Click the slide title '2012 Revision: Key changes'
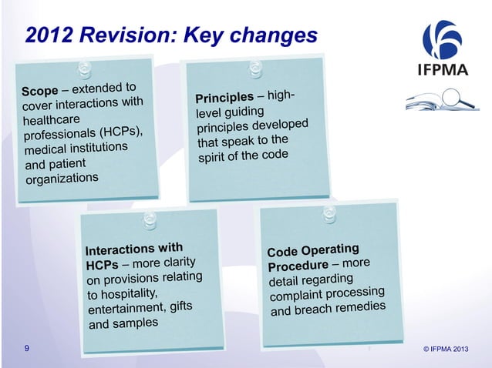tap(170, 35)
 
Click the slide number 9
tap(27, 350)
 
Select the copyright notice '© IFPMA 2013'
tap(446, 351)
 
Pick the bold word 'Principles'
tap(224, 98)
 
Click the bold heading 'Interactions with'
tap(133, 249)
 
